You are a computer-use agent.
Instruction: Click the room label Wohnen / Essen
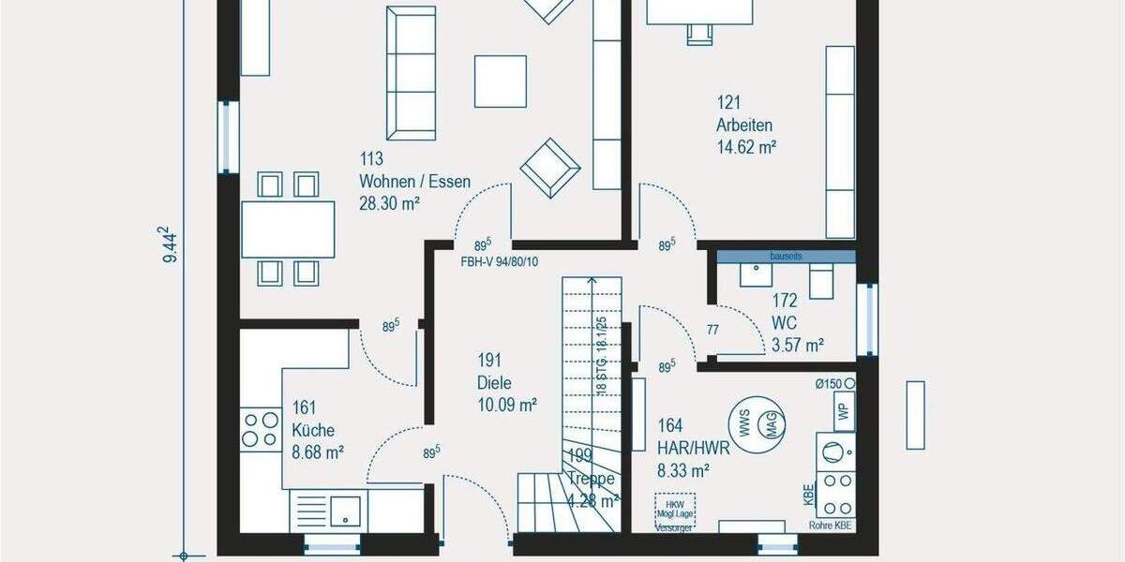pyautogui.click(x=414, y=183)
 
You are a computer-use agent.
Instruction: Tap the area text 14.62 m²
pyautogui.click(x=746, y=147)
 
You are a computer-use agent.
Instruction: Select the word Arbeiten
pyautogui.click(x=744, y=126)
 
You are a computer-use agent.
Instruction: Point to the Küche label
pyautogui.click(x=312, y=430)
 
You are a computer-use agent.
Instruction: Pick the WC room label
pyautogui.click(x=784, y=323)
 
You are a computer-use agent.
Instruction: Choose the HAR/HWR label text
pyautogui.click(x=694, y=449)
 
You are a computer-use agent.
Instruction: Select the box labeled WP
pyautogui.click(x=843, y=411)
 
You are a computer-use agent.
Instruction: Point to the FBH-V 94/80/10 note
pyautogui.click(x=499, y=261)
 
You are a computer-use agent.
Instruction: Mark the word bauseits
pyautogui.click(x=786, y=256)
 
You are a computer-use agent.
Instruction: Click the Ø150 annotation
pyautogui.click(x=835, y=383)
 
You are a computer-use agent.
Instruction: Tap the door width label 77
pyautogui.click(x=712, y=329)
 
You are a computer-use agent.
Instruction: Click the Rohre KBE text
pyautogui.click(x=830, y=525)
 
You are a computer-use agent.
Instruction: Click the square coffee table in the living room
pyautogui.click(x=500, y=81)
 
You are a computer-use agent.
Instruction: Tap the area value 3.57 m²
pyautogui.click(x=797, y=345)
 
